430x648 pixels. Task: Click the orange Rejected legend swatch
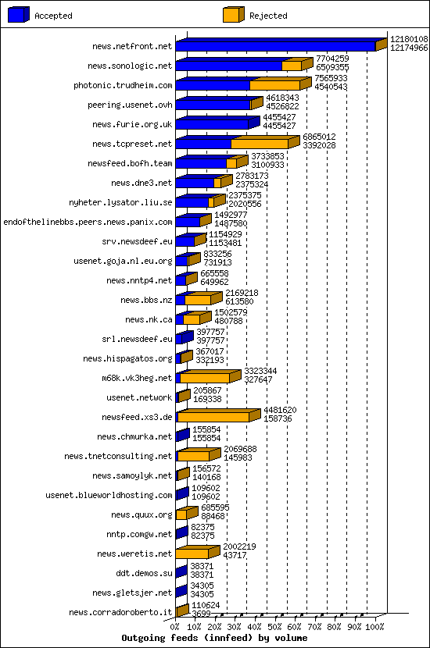point(231,15)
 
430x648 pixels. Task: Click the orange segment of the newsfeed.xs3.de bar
point(213,417)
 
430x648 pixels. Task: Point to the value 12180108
point(409,39)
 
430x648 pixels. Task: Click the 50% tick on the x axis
point(275,626)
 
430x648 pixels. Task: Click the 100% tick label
point(375,626)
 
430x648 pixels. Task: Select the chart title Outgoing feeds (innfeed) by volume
point(214,638)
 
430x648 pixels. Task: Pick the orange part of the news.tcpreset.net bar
point(260,144)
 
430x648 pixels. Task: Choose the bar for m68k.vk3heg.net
point(205,378)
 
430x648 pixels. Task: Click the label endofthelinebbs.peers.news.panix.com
point(88,222)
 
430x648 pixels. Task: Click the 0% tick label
point(175,626)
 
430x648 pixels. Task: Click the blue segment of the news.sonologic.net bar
point(228,66)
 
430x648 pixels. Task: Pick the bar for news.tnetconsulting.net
point(193,456)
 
